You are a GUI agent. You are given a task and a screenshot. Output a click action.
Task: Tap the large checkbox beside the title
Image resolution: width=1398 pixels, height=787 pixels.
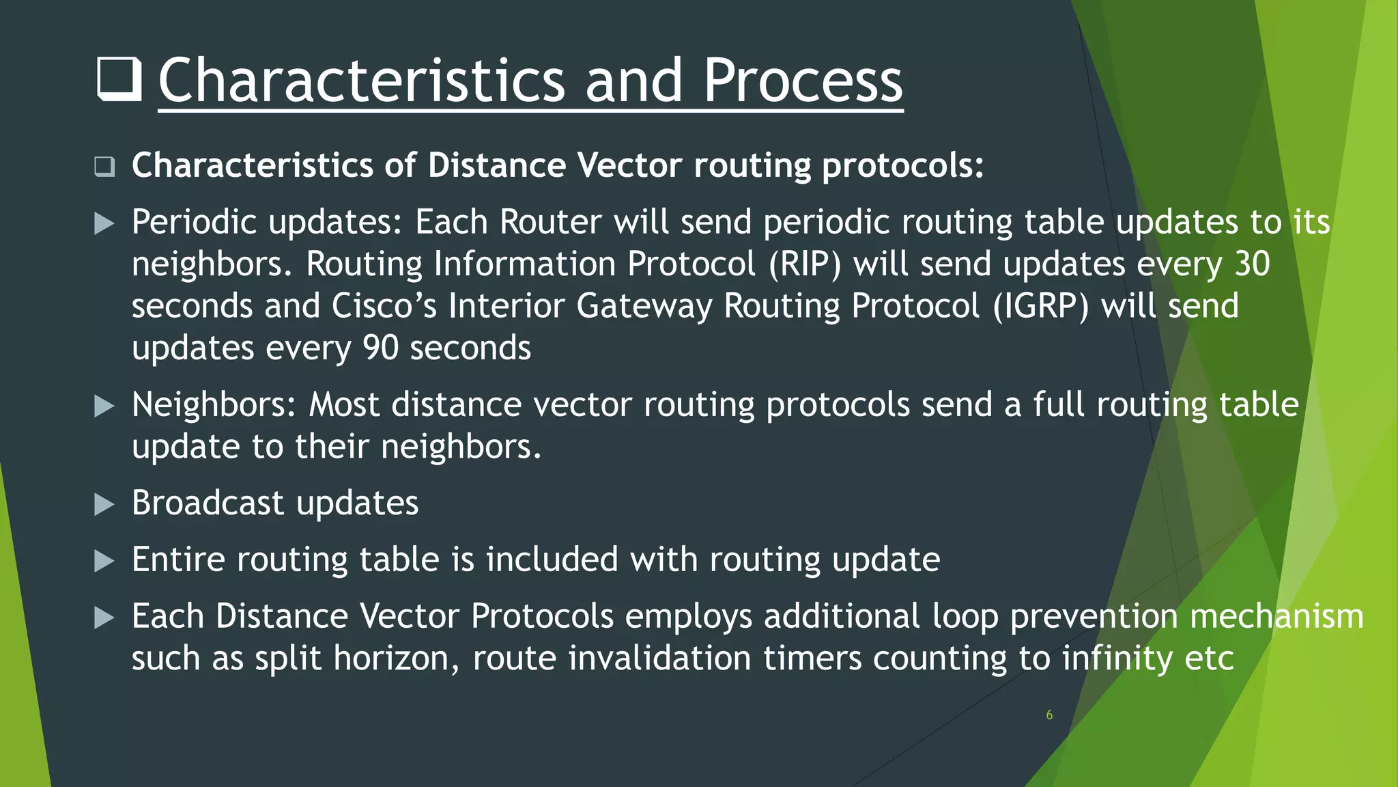[119, 79]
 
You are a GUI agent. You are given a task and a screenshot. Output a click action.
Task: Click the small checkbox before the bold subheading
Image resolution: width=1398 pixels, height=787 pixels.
[104, 166]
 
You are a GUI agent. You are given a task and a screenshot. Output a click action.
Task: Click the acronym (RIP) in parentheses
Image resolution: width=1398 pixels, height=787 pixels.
[805, 264]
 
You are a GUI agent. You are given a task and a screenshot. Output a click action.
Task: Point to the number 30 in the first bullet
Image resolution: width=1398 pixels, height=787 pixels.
[1252, 264]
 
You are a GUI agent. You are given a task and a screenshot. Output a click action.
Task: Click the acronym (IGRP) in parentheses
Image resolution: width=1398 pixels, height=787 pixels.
[1040, 305]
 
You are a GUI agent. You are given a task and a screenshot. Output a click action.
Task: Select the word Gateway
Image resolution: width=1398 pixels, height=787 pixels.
[644, 305]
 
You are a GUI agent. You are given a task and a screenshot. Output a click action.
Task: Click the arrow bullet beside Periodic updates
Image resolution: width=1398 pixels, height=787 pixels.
[104, 223]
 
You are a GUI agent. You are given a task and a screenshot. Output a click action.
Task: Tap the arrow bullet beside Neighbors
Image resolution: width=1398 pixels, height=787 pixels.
[104, 406]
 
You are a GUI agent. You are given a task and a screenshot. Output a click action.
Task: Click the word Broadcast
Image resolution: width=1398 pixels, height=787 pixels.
[208, 503]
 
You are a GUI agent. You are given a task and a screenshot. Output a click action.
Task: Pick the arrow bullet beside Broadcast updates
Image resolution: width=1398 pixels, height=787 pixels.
[104, 504]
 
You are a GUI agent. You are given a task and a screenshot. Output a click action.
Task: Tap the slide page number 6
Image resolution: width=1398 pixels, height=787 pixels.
[1049, 715]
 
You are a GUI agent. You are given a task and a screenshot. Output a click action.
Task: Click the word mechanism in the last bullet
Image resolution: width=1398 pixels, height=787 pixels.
[1276, 616]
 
